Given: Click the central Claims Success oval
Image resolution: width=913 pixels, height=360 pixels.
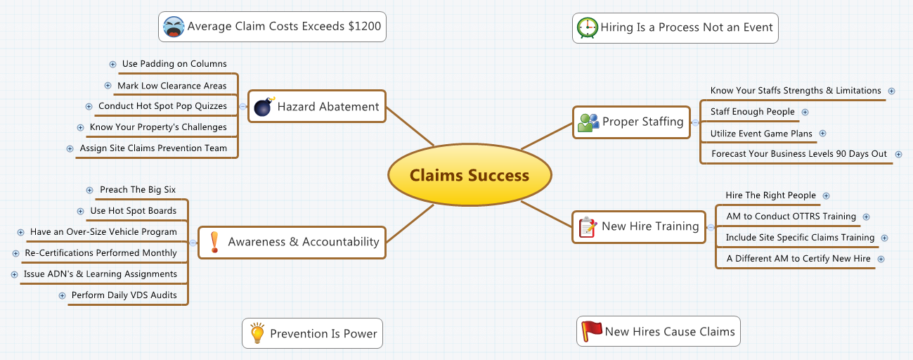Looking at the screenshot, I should (x=470, y=175).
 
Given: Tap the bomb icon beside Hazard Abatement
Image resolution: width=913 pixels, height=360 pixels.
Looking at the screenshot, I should (x=263, y=107).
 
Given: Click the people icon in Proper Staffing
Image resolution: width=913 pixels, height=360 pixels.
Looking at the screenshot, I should (x=588, y=122).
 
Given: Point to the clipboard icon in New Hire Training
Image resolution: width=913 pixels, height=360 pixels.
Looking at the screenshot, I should (x=588, y=226).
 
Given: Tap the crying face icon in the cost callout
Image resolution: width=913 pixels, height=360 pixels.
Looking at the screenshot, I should (x=173, y=27).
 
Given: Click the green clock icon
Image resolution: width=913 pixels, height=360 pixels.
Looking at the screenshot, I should (x=586, y=28).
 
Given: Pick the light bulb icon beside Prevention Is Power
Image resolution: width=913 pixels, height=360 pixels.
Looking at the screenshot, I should (x=257, y=333).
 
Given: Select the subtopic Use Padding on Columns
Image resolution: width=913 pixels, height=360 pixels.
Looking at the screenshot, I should (x=174, y=64).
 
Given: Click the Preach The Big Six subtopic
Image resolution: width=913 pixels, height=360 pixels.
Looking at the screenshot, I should (x=138, y=190).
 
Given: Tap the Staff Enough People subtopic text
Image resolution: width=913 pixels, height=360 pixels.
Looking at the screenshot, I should (x=752, y=112).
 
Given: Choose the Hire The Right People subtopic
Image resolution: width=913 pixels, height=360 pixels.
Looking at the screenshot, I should (x=770, y=195).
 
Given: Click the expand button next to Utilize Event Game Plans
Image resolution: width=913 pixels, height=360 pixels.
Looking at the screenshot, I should (x=823, y=134).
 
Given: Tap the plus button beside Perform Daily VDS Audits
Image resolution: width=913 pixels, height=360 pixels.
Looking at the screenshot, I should (x=63, y=296).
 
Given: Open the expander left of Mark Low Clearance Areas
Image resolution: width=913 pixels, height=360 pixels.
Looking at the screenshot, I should (x=108, y=86).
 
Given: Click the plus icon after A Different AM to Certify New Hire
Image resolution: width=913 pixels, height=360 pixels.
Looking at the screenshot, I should (x=881, y=259).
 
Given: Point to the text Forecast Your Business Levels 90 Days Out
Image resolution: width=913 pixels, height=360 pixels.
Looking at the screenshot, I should (x=799, y=154).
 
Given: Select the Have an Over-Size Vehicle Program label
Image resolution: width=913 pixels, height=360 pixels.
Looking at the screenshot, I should (x=103, y=232).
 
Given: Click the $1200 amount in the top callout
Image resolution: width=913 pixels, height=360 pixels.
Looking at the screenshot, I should (x=365, y=27).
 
